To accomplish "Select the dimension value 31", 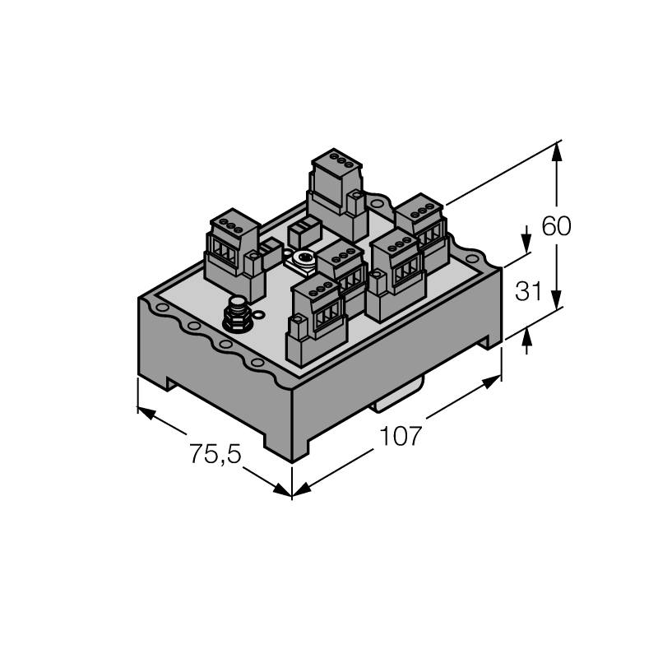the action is click(x=528, y=291).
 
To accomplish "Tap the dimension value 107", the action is click(x=400, y=436).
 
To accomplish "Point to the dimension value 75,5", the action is click(x=215, y=454).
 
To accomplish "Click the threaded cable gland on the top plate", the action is click(x=237, y=315).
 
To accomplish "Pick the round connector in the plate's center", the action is click(x=302, y=259).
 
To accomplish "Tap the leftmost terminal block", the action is click(x=234, y=254).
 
